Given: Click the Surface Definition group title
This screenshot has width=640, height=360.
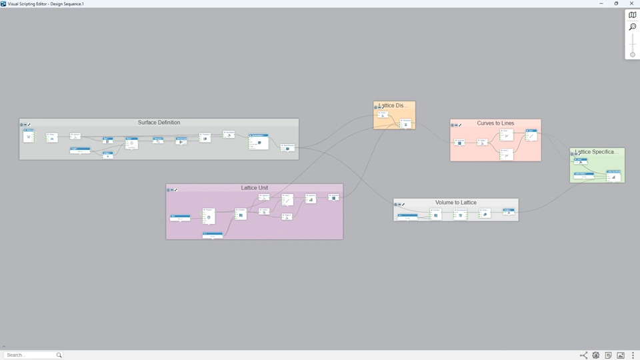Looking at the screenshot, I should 159,123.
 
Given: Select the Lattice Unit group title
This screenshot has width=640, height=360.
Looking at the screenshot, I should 255,188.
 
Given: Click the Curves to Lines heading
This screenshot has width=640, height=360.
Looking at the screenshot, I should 495,123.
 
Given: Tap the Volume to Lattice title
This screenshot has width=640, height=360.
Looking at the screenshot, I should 456,203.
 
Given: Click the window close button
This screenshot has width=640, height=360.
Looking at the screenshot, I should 632,4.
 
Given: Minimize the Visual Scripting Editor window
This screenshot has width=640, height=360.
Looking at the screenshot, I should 601,4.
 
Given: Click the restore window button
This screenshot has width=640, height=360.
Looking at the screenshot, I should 616,4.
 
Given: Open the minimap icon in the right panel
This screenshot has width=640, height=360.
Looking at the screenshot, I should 633,15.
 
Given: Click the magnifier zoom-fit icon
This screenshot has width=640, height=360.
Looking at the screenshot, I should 633,27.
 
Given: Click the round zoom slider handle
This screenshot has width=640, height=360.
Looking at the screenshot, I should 633,55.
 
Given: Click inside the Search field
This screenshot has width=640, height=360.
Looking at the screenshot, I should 30,355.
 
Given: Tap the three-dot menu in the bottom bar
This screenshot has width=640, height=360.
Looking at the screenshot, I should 633,355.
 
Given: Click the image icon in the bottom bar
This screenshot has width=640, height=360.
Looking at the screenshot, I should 621,355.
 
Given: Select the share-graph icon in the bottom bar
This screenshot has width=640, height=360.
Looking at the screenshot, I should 583,355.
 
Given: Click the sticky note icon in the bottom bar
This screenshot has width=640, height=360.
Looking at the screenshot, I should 608,355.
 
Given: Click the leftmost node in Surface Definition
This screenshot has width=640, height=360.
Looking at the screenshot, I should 29,136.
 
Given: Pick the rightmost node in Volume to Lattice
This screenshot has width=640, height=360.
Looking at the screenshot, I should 509,211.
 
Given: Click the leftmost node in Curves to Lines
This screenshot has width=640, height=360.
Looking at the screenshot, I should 459,143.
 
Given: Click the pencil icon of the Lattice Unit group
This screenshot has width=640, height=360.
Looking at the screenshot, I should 176,190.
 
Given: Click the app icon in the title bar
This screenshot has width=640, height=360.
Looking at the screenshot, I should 3,4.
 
